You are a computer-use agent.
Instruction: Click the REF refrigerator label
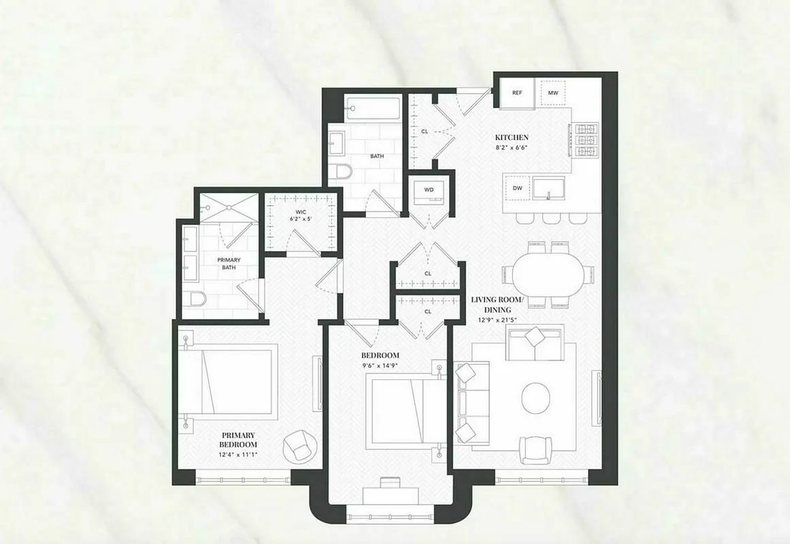[516, 92]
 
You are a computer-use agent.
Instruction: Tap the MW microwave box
[553, 92]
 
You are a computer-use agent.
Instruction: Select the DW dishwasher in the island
[517, 188]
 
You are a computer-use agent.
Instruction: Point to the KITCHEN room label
[511, 137]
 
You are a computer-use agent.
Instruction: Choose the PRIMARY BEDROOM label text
[238, 440]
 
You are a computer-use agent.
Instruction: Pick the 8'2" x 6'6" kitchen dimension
[511, 148]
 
